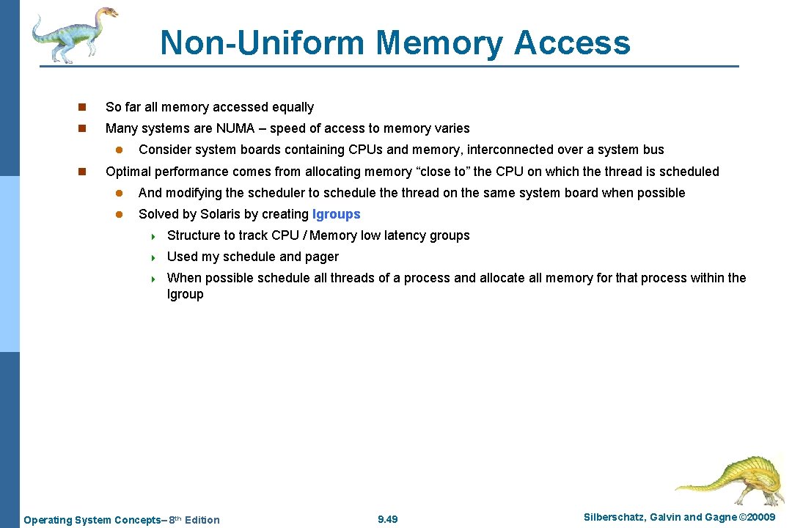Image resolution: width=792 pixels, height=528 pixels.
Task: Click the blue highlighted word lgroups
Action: pos(337,214)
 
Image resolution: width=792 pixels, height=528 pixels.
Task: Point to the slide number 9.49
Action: pos(387,519)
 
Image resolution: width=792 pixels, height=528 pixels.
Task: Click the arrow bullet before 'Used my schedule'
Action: pos(154,257)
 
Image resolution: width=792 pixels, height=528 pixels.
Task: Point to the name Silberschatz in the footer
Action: pos(615,518)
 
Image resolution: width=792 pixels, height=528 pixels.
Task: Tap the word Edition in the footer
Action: pos(202,520)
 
